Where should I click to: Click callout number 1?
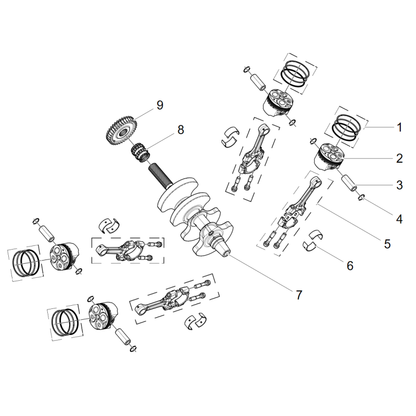[399, 127]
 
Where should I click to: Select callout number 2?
[399, 158]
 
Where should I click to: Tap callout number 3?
[399, 184]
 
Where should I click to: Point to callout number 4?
[399, 219]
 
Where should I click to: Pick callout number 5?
[387, 242]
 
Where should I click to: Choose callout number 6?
[349, 265]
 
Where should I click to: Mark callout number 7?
[299, 294]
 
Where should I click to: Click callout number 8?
[180, 130]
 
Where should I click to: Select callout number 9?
[160, 106]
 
